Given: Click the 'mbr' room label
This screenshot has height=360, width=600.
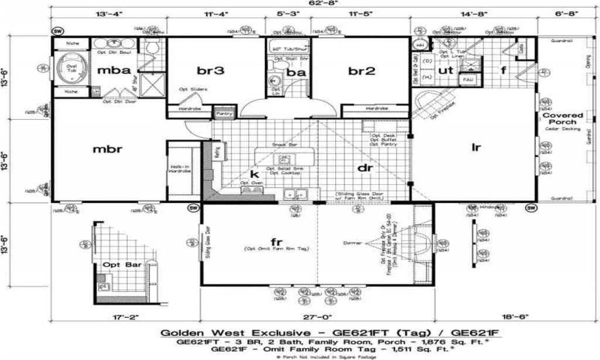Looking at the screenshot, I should (108, 149).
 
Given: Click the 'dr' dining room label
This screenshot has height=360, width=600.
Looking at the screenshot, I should (366, 168).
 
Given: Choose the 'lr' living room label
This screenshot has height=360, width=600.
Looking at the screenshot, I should (476, 148).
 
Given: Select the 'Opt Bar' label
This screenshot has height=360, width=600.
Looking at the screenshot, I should (122, 265).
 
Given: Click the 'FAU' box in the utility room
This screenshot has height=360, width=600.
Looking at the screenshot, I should (468, 79).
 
